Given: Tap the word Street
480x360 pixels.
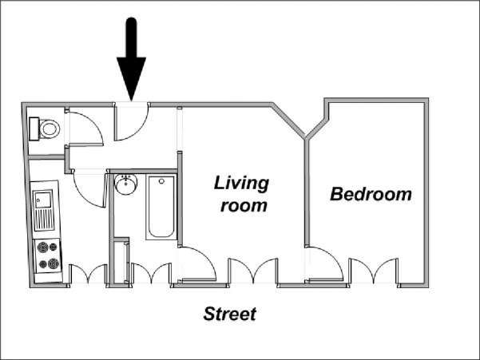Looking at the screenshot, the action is click(229, 315).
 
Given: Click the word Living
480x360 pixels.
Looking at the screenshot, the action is click(241, 184).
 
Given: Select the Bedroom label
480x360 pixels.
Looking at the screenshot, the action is click(371, 194).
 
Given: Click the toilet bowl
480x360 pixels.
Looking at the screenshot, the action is click(49, 129).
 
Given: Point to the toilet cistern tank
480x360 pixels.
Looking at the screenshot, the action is click(34, 129).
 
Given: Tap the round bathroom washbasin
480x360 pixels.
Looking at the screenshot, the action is click(126, 184).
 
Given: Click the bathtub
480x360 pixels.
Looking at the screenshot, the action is click(161, 207).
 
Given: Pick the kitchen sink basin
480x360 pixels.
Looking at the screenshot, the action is click(42, 199).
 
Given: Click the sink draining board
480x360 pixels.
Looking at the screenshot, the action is click(45, 220).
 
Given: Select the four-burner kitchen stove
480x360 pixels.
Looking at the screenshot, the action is click(48, 255).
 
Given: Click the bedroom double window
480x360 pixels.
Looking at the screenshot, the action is click(374, 271).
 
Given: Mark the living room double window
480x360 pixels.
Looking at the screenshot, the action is click(253, 271).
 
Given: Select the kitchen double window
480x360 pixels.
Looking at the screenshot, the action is click(88, 274).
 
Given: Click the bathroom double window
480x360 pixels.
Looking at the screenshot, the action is click(151, 273).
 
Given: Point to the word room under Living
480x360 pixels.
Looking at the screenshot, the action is click(244, 205).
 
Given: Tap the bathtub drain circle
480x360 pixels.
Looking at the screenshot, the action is click(161, 181).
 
